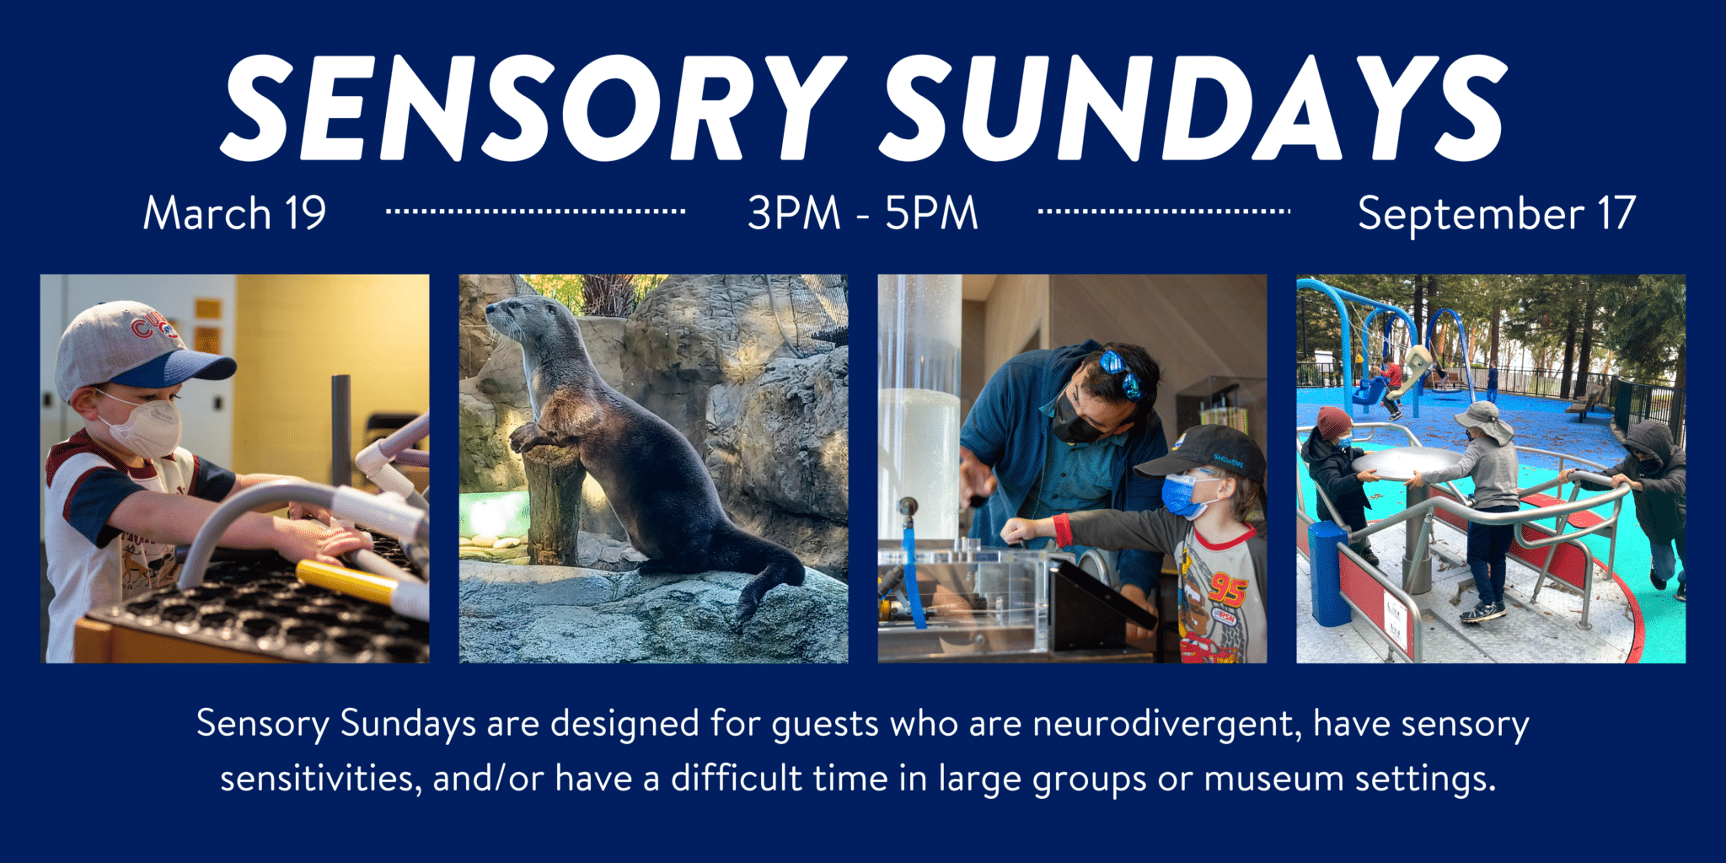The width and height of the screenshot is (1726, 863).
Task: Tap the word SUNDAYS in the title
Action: pyautogui.click(x=1194, y=109)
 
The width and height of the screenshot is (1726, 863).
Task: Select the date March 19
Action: pyautogui.click(x=234, y=213)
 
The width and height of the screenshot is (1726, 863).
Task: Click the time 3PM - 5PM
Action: pyautogui.click(x=863, y=213)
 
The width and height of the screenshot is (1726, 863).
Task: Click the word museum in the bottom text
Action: pyautogui.click(x=1273, y=779)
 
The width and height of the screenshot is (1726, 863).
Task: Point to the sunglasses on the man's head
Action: pyautogui.click(x=1121, y=372)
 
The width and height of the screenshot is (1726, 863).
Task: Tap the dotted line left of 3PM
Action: pyautogui.click(x=535, y=211)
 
